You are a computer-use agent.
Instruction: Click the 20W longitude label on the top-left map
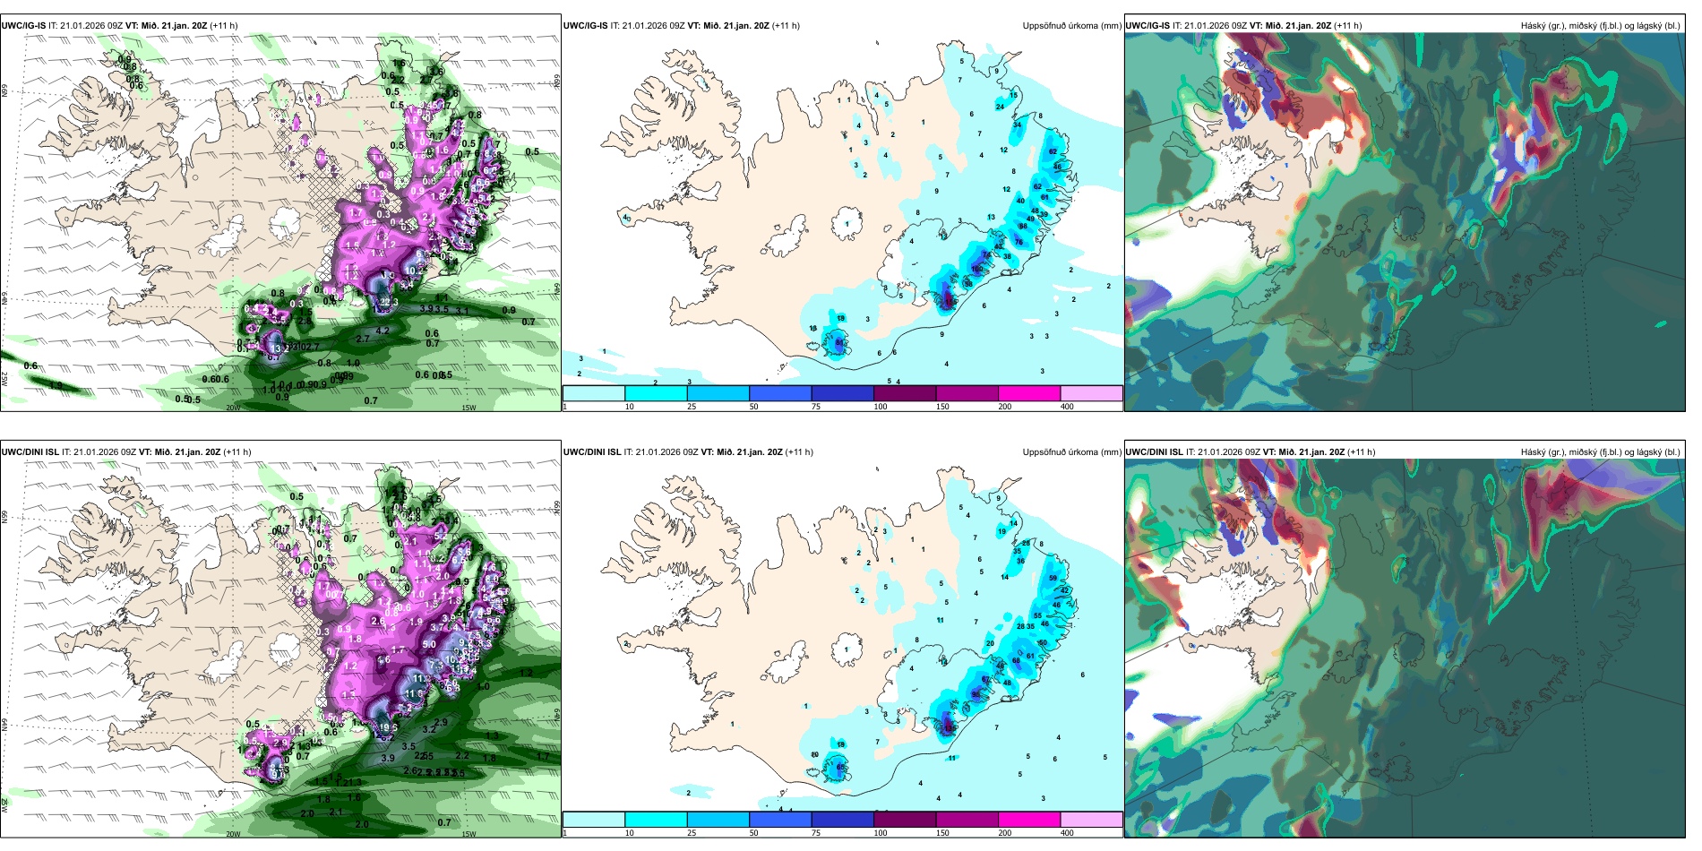coord(233,408)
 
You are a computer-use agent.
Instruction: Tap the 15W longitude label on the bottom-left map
coord(468,834)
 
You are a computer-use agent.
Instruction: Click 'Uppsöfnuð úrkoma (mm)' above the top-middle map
coord(1071,26)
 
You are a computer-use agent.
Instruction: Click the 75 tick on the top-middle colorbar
coord(816,407)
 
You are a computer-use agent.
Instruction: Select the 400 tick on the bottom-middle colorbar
coord(1067,833)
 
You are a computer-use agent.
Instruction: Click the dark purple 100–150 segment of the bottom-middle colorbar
coord(905,820)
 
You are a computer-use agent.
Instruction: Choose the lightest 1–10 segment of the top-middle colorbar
coord(594,393)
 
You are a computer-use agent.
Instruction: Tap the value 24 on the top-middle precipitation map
coord(1000,107)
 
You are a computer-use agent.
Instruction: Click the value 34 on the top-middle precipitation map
coord(1017,125)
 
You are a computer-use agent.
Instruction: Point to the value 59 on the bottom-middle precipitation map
coord(1053,579)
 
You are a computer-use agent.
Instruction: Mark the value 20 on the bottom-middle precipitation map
coord(990,643)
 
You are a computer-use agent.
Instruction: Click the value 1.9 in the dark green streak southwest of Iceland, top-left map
coord(56,385)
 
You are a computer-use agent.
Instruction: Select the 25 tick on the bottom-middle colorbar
coord(691,833)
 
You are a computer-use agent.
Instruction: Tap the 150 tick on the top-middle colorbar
coord(941,407)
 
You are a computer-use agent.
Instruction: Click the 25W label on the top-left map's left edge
coord(4,379)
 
